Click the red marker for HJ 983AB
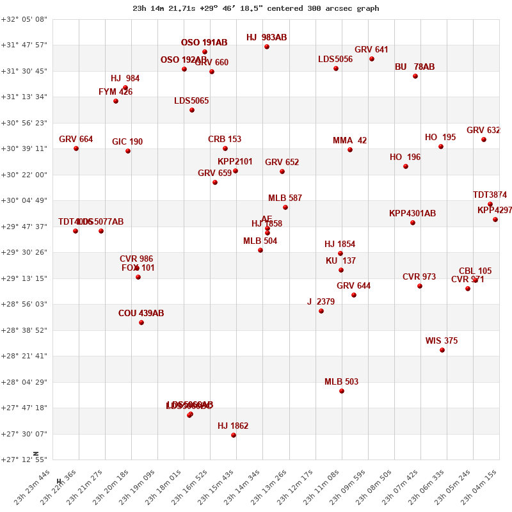(x=267, y=47)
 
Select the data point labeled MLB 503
(x=342, y=391)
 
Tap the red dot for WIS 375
(x=442, y=350)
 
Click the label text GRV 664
(x=76, y=140)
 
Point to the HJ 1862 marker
(x=234, y=435)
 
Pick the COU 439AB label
(x=141, y=314)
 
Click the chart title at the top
(x=256, y=8)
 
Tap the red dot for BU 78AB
(x=415, y=76)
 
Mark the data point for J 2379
(x=321, y=311)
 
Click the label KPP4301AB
(x=412, y=214)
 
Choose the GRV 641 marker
(x=372, y=59)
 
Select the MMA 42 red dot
(x=350, y=150)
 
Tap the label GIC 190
(x=127, y=142)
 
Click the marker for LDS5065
(x=192, y=110)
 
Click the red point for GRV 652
(x=282, y=172)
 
